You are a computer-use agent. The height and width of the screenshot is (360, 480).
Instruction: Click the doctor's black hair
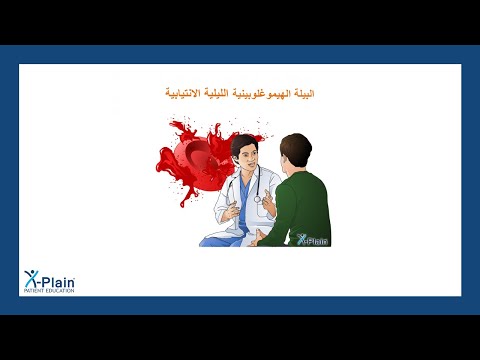(x=243, y=143)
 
